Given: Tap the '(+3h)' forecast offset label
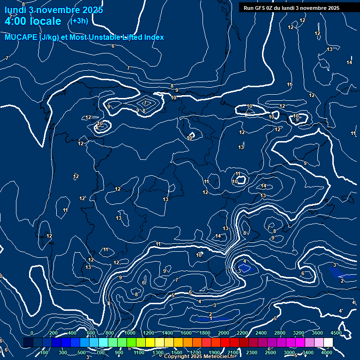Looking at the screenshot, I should pos(78,21).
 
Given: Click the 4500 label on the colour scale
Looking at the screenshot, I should pos(336,333).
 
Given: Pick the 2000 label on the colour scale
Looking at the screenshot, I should pos(224,333).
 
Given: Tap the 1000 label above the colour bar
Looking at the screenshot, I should pos(130,333).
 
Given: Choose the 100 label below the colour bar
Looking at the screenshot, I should pos(44,352).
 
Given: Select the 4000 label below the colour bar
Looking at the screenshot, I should pos(327,352).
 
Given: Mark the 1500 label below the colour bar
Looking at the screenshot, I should pos(177,352).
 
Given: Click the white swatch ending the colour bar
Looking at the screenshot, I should pos(341,343).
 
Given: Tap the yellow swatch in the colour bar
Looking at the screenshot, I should pos(150,343).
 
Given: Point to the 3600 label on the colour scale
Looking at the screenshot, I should pos(317,333).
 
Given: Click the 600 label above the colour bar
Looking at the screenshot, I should pos(91,333).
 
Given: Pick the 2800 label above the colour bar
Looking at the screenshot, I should pos(280,333).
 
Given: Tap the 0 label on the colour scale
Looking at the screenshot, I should pos(32,333).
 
